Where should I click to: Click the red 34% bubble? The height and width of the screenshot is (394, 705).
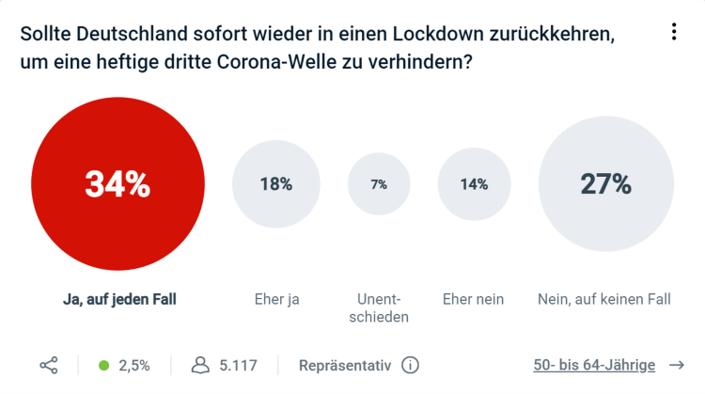[117, 184]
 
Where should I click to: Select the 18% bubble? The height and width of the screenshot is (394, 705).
[276, 184]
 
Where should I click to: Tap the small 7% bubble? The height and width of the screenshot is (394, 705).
[379, 184]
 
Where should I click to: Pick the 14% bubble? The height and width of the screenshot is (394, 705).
[474, 184]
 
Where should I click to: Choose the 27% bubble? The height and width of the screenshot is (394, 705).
[605, 184]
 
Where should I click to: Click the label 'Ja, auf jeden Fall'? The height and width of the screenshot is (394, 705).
[119, 299]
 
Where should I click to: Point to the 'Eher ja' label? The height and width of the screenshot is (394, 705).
[277, 299]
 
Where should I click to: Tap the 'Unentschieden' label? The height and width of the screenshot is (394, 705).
[383, 308]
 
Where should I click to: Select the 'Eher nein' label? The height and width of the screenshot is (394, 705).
[474, 299]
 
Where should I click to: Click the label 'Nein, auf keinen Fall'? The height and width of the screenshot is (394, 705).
[604, 299]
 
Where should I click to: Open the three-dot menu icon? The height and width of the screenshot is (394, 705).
[674, 32]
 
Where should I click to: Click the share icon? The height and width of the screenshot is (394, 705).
[49, 365]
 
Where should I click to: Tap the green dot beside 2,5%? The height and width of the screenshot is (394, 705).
[104, 365]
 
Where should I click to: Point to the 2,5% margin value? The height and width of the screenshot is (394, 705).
[133, 365]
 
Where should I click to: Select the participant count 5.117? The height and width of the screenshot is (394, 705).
[238, 365]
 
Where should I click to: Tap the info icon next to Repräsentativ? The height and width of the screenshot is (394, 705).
[410, 365]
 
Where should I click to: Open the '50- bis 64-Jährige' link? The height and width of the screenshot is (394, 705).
[594, 365]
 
